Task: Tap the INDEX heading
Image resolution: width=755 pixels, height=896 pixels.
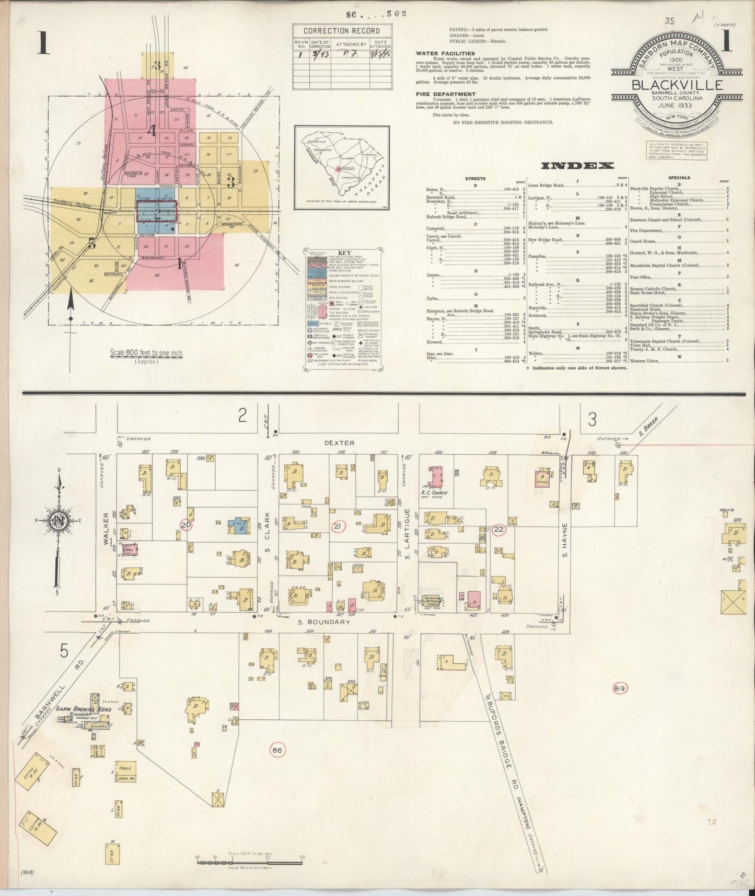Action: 577,166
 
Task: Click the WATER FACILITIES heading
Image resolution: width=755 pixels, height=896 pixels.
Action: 445,53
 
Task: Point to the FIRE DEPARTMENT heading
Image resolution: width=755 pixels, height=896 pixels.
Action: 446,95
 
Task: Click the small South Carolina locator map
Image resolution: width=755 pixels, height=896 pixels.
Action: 341,167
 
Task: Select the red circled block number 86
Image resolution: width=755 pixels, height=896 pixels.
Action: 277,751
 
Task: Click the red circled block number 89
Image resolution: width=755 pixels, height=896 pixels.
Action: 620,687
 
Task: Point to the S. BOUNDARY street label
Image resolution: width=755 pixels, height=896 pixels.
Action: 324,622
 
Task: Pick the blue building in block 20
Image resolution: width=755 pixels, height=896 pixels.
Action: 238,525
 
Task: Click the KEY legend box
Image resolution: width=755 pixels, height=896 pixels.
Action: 343,311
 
